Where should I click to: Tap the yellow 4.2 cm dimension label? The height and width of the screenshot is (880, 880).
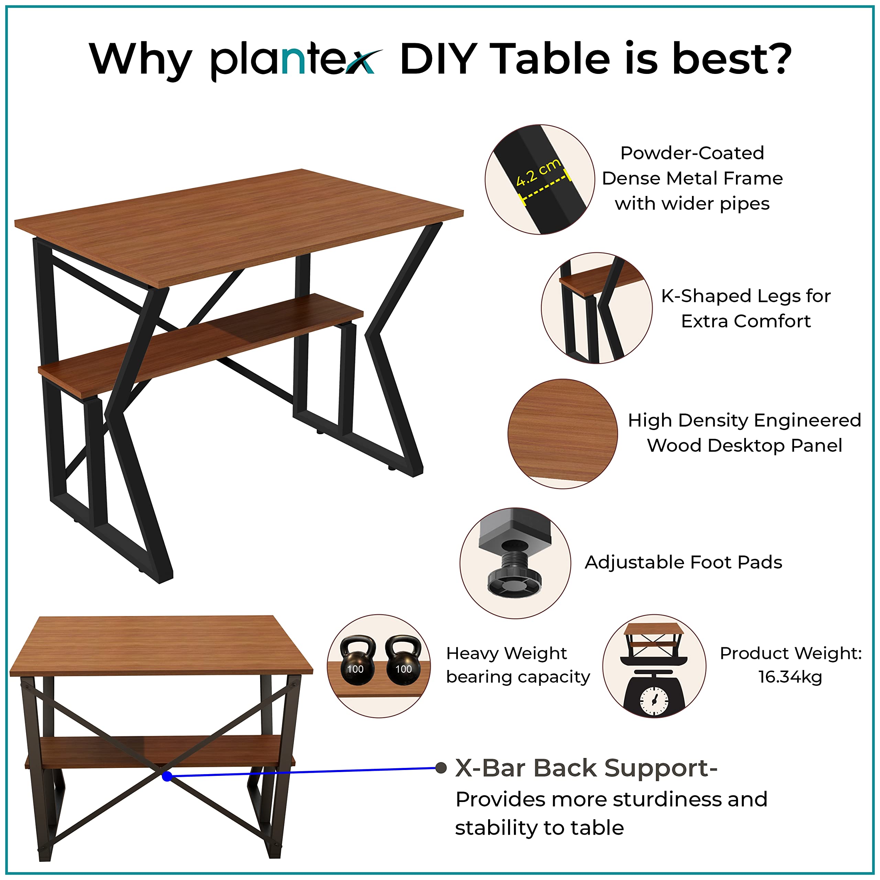[538, 173]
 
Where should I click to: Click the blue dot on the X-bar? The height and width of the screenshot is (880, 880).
[167, 776]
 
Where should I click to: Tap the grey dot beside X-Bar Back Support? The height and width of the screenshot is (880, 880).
[440, 768]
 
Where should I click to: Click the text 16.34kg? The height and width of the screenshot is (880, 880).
[790, 677]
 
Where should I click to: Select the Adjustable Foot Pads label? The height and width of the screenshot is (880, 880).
[683, 562]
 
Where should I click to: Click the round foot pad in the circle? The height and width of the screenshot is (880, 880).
[514, 580]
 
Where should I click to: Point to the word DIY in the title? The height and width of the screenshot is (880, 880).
[439, 59]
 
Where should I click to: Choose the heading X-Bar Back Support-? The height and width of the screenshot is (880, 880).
[586, 768]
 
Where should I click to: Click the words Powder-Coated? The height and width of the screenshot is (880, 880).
[692, 153]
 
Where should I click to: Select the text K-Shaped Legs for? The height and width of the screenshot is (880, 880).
[746, 296]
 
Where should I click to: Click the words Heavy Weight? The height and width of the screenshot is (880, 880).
[506, 653]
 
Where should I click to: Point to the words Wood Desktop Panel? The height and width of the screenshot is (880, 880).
[744, 445]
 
